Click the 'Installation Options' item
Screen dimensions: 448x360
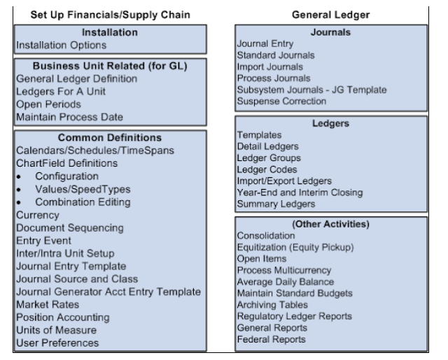coord(61,45)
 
